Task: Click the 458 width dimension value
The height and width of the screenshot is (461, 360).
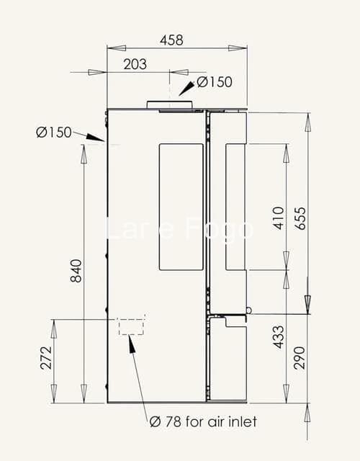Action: point(171,40)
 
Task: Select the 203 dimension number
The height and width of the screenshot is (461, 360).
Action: point(135,64)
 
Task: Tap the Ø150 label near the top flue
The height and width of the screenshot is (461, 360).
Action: point(215,82)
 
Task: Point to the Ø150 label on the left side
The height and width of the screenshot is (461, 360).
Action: point(54,133)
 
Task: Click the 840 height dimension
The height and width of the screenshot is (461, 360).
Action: point(76,271)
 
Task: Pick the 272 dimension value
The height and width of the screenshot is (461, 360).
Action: point(46,358)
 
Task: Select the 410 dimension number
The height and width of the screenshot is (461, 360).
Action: point(279,218)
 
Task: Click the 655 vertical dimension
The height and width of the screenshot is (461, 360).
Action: point(300,219)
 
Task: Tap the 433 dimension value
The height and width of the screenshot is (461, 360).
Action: point(279,337)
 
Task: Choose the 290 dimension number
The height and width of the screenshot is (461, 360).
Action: point(300,358)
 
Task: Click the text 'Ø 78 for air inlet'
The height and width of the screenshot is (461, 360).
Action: point(203,422)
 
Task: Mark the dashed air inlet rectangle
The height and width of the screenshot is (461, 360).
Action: point(131,326)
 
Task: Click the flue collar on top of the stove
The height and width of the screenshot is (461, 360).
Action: point(170,105)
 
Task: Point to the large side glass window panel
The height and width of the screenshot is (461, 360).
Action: point(181,207)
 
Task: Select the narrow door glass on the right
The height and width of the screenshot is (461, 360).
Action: point(235,207)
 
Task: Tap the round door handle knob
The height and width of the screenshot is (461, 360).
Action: point(249,310)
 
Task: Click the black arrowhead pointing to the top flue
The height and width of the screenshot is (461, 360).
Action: point(186,89)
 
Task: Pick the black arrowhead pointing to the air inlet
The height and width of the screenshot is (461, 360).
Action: point(132,344)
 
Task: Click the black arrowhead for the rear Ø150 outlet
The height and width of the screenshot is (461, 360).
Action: point(96,137)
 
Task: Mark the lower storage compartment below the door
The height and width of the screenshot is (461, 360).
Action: point(228,359)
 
